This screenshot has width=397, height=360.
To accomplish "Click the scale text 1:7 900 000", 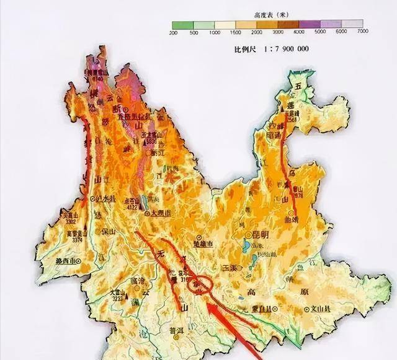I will click(x=285, y=49).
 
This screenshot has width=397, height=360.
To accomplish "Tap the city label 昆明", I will click(x=261, y=234).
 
